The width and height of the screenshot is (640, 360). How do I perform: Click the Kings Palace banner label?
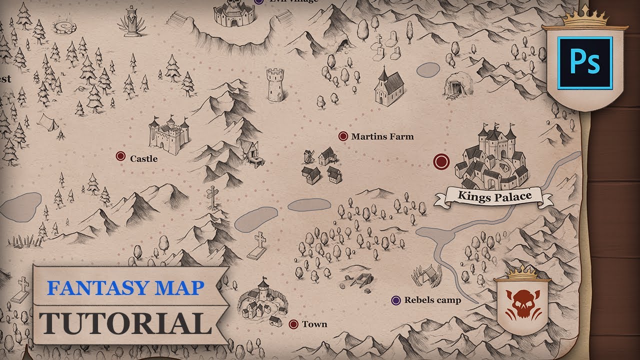click(x=494, y=196)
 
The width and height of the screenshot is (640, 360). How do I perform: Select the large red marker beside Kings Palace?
click(x=441, y=161)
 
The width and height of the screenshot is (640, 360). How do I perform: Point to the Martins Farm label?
click(x=382, y=136)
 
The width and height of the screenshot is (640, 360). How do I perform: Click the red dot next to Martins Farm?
click(x=343, y=136)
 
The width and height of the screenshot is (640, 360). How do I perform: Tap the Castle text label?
click(x=143, y=158)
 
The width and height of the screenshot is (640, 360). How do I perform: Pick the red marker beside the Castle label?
click(x=120, y=156)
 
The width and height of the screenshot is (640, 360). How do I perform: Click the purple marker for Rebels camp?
click(x=396, y=300)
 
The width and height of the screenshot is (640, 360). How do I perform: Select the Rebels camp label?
click(x=432, y=300)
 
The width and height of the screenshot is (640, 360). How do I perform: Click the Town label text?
click(x=314, y=324)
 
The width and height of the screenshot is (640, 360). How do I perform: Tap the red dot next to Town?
click(x=293, y=324)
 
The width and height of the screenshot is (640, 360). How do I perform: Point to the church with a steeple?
click(x=388, y=88)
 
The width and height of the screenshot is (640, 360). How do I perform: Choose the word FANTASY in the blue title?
click(x=88, y=287)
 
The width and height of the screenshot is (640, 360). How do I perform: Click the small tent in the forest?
click(x=46, y=121)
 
